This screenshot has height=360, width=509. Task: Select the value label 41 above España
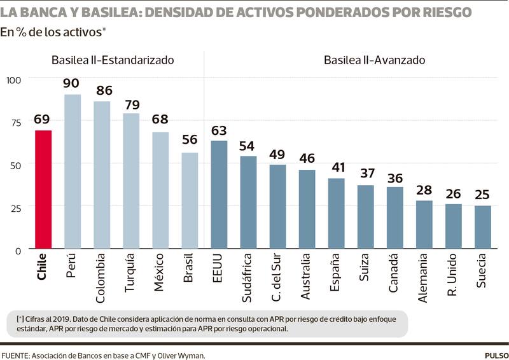[x=337, y=167]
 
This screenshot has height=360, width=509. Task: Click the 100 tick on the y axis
[x=13, y=80]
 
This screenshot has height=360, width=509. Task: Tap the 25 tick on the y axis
[x=13, y=207]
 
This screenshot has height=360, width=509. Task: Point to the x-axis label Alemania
[x=424, y=278]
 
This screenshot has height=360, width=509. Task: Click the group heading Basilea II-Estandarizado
[x=113, y=60]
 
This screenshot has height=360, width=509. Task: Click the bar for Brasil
[x=190, y=200]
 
